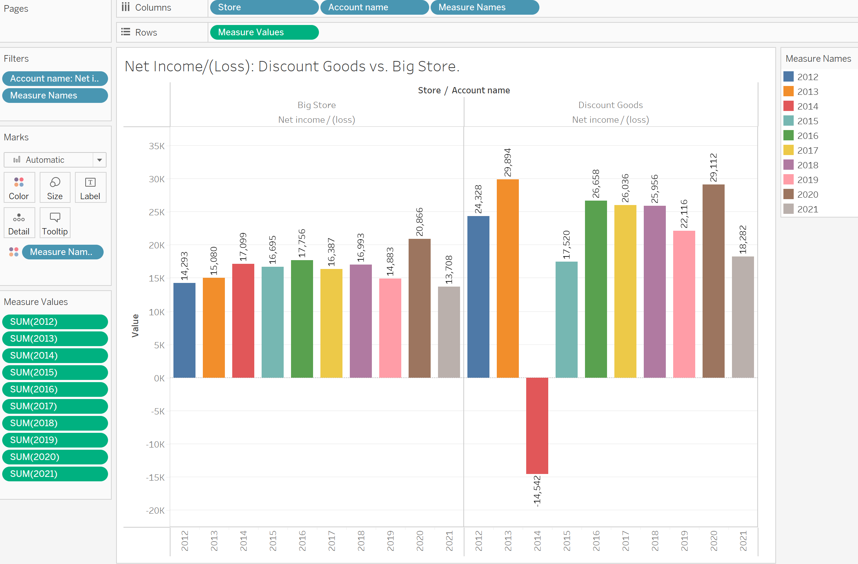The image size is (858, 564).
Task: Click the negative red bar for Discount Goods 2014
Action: tap(537, 425)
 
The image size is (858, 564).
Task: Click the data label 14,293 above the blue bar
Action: tap(184, 266)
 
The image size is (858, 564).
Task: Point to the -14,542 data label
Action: tap(537, 491)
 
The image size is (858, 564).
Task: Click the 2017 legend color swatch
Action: tap(789, 150)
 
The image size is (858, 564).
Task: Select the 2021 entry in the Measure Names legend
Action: tap(807, 209)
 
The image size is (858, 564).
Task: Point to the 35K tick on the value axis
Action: tap(157, 146)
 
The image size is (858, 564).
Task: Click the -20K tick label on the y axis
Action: tap(155, 510)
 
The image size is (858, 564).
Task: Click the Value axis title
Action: tap(135, 326)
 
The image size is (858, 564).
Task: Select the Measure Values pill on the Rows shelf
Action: tap(264, 32)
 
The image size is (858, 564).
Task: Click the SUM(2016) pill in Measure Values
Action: tap(55, 389)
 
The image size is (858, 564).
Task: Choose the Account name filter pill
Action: tap(55, 79)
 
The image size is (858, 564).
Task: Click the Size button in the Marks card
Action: tap(55, 187)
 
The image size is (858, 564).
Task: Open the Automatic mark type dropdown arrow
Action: tap(99, 160)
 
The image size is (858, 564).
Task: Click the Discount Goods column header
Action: tap(610, 105)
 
